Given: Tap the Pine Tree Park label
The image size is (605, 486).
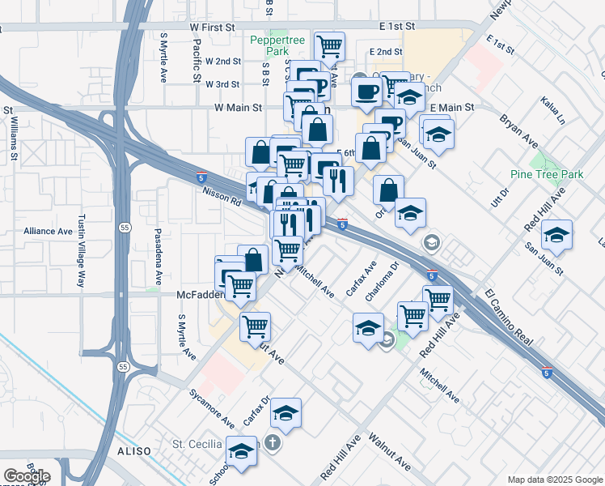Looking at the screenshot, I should (548, 174).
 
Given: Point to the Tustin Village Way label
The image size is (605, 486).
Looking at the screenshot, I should (80, 251).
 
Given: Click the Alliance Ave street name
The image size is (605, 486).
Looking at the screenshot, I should (48, 231).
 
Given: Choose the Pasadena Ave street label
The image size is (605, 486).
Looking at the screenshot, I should (158, 255).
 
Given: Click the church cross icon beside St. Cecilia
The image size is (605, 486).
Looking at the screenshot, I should (273, 444).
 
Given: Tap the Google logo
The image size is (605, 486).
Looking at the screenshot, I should (27, 476).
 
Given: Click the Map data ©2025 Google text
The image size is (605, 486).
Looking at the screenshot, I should (554, 480).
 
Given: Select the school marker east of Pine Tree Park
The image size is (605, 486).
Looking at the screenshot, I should (556, 235).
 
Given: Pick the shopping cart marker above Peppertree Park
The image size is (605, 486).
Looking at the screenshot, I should (329, 45).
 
